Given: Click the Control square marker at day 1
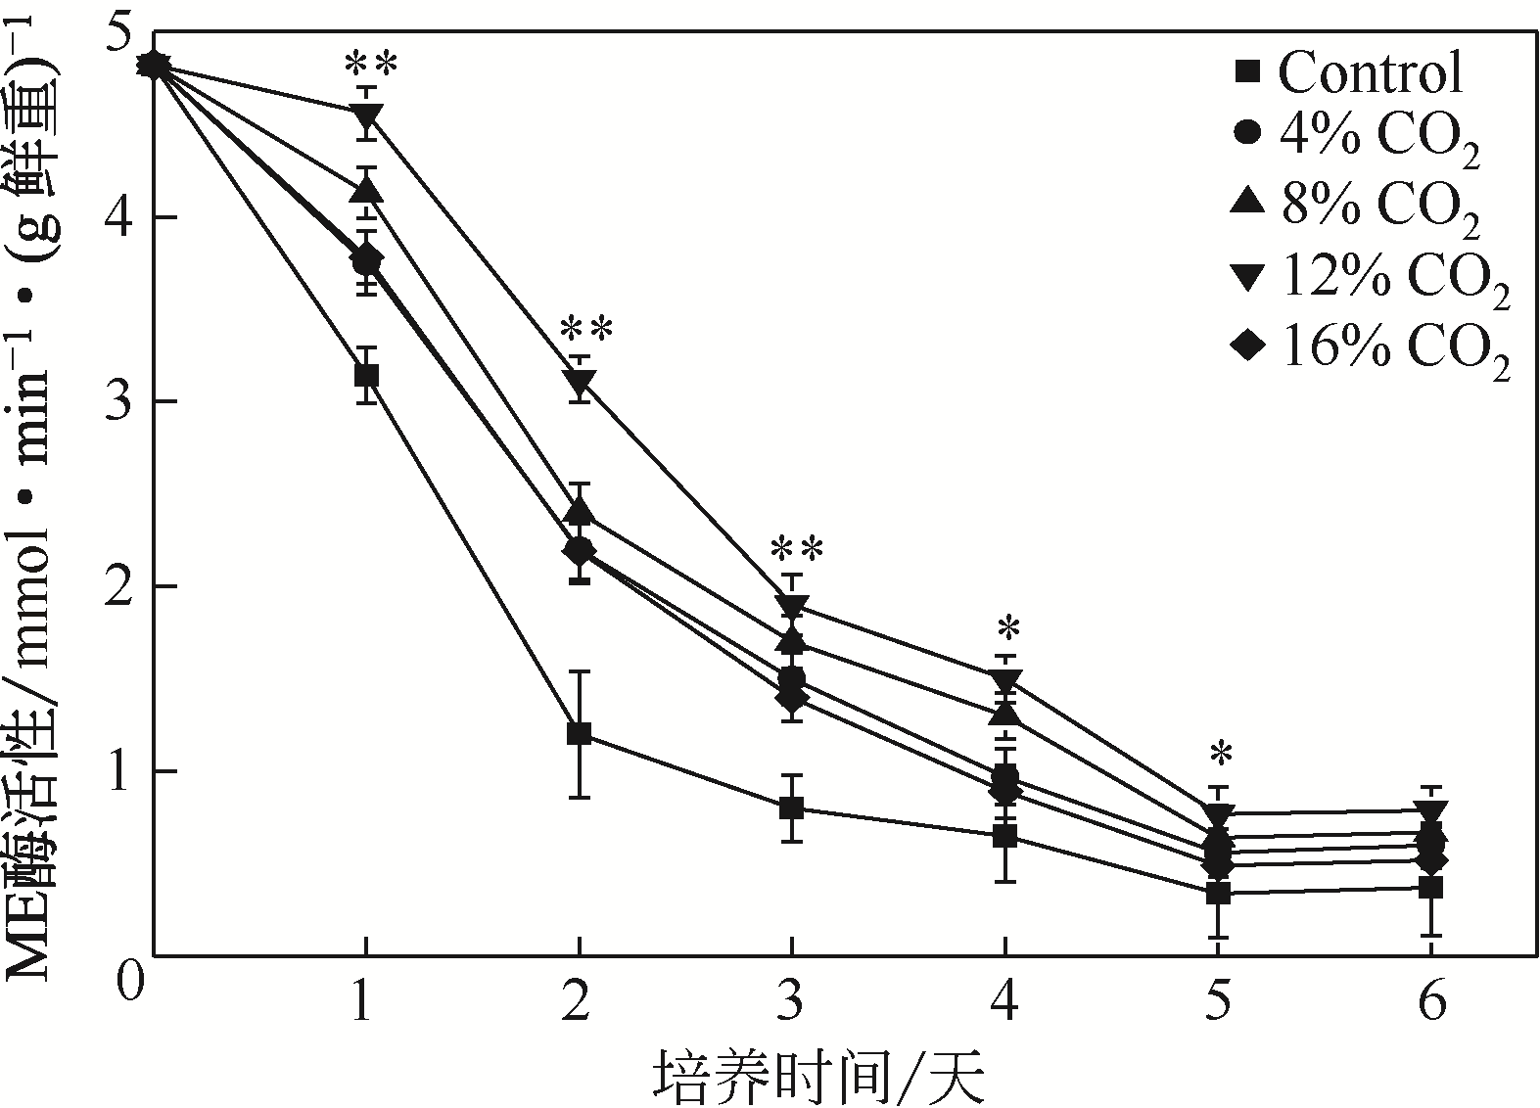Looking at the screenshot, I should point(366,376).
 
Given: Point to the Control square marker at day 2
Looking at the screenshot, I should point(579,734).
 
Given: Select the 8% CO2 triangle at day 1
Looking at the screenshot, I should point(366,189).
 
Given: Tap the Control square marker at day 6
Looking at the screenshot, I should point(1431,888).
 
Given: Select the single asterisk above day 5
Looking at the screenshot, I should point(1220,756).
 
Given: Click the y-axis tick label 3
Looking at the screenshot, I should point(120,403).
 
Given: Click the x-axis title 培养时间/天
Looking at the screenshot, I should point(818,1077).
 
